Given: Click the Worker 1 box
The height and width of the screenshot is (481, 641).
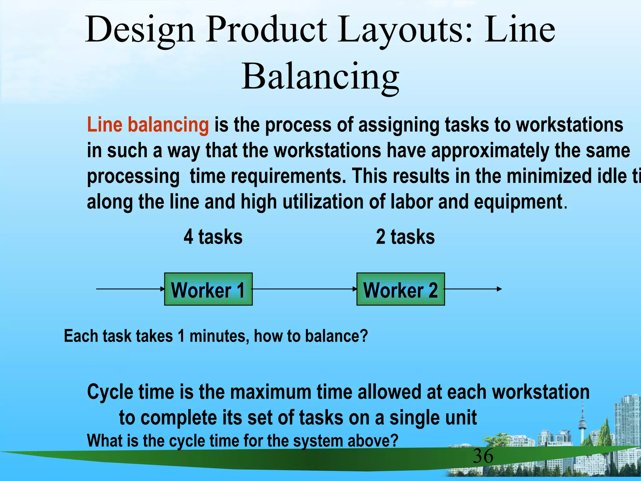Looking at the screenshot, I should [208, 289].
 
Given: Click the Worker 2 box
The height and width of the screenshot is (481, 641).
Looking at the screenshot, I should [400, 289].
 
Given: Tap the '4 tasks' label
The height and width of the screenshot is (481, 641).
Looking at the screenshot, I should [213, 237].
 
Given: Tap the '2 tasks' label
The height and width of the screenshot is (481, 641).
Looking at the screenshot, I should [405, 237].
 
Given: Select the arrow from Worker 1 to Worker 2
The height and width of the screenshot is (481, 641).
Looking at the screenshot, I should [304, 289].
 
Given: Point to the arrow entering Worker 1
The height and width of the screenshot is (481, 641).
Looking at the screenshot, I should [130, 289].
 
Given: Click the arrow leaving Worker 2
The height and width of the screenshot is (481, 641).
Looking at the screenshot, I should [473, 289].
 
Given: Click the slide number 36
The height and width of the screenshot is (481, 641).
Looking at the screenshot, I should [483, 456].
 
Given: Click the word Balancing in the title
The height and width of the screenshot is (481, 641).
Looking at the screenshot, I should [320, 76].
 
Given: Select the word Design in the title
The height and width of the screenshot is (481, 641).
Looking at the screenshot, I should [140, 30].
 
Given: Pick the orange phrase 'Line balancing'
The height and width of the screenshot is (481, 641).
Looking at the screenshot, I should [148, 125].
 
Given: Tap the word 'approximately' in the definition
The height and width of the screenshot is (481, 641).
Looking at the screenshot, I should [490, 151].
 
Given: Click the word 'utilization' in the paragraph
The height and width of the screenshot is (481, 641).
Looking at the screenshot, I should [323, 202].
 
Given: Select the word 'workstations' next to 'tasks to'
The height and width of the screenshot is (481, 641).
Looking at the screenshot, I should [570, 125].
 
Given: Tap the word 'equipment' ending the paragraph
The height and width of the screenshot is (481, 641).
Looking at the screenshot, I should [518, 202].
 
